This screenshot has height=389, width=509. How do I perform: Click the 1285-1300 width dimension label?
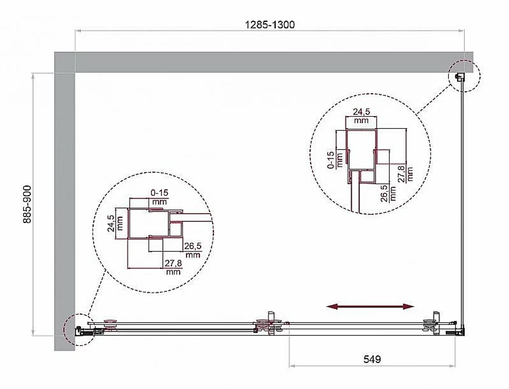point(269,24)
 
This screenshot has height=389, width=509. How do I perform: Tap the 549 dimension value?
point(372,359)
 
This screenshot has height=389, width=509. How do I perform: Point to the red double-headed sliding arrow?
point(370,306)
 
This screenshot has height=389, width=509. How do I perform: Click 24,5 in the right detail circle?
point(361,112)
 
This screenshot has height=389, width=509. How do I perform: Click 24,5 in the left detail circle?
point(111,223)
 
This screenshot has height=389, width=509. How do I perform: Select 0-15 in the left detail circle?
point(159,193)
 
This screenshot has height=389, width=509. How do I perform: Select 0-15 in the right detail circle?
point(330,160)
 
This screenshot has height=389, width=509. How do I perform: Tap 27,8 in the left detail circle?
point(174,263)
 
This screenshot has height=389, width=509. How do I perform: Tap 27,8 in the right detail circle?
point(401,174)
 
